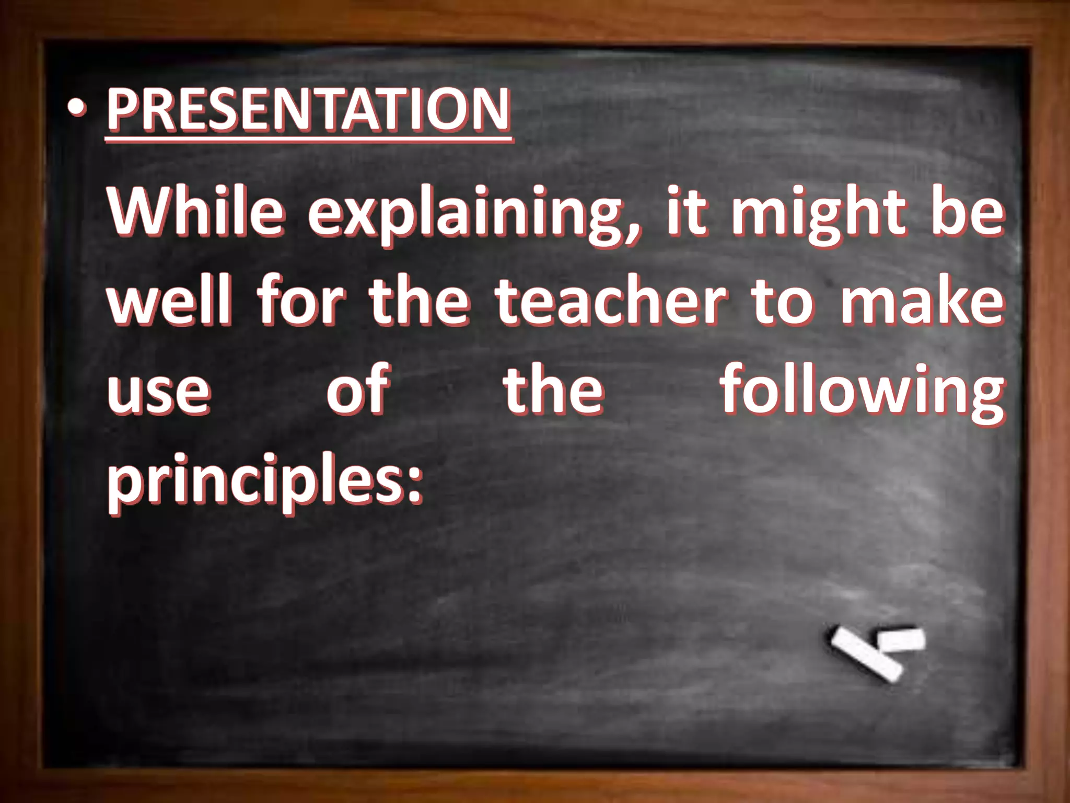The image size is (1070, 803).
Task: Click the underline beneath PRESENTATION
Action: (x=308, y=139)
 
